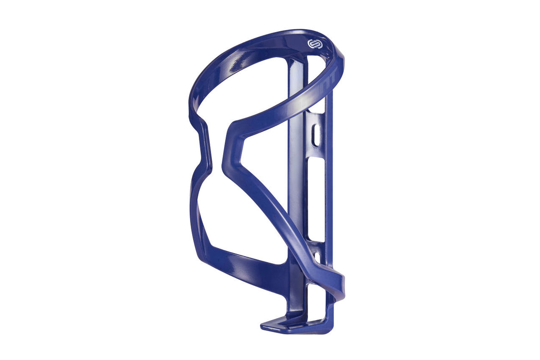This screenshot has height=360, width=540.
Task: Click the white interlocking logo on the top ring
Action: pos(313,44)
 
